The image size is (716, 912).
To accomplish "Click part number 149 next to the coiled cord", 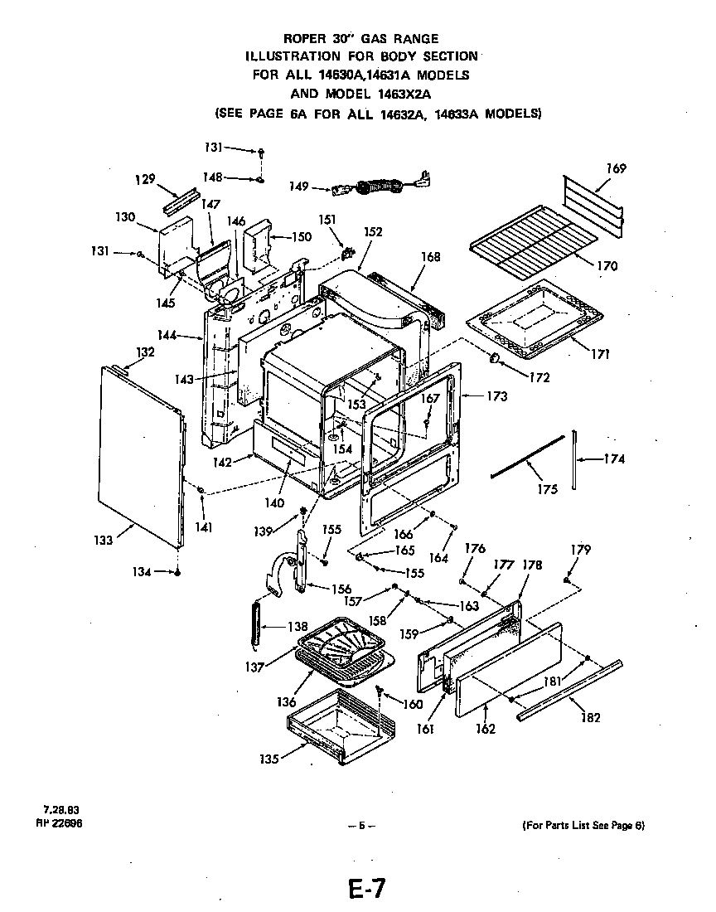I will (x=299, y=187).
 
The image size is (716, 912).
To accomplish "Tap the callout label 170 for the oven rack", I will (x=607, y=266).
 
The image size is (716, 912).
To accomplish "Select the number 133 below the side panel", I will (x=103, y=541).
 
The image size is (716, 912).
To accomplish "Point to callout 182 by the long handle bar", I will (x=589, y=717).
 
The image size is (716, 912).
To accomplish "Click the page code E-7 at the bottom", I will (x=366, y=889).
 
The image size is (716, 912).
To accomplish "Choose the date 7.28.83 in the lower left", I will (x=62, y=809).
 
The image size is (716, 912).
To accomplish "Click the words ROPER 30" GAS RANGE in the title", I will (x=361, y=38).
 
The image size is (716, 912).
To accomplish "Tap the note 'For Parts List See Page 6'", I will (x=583, y=825).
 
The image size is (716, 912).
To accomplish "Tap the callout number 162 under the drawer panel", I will (x=486, y=729).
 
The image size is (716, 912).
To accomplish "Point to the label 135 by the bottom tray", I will (x=269, y=757).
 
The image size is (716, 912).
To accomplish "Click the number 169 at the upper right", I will (x=616, y=168).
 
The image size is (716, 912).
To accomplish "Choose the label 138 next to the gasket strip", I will (x=297, y=627).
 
